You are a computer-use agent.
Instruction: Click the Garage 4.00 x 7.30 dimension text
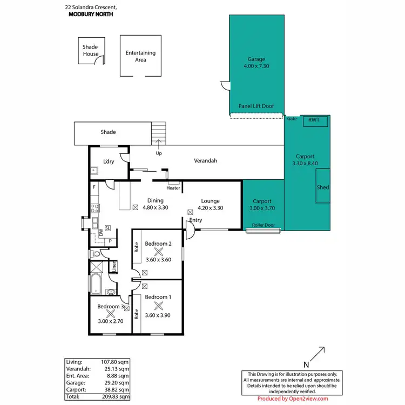tap(256, 67)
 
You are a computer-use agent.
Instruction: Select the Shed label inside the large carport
tap(323, 187)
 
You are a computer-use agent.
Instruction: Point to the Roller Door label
tap(264, 225)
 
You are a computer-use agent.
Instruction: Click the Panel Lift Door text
tap(256, 106)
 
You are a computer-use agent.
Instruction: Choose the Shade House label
tap(90, 51)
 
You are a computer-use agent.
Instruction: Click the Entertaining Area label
tap(140, 56)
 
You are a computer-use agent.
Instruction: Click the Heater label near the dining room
tap(173, 188)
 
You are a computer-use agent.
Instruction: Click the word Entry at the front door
tap(195, 220)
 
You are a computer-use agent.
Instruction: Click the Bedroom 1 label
tap(158, 297)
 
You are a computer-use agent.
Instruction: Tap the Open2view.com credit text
tap(308, 399)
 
